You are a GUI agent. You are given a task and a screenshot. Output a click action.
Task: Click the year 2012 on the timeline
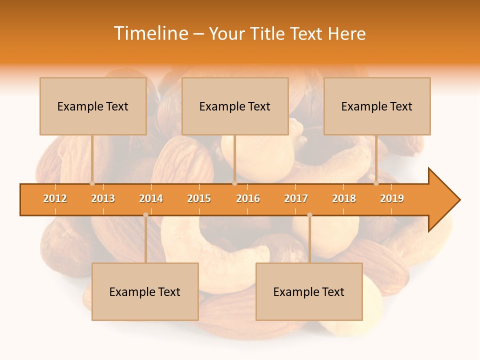(55, 198)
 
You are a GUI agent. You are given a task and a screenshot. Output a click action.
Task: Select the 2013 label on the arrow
(103, 198)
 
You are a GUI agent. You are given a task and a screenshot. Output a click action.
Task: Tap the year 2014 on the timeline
(151, 198)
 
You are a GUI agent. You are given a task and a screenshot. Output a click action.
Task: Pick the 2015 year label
(199, 198)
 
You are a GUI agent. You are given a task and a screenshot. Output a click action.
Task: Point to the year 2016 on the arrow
(248, 198)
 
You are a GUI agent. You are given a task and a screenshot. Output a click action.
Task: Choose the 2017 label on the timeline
(296, 198)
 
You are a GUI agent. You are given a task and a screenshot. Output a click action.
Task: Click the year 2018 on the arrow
(344, 198)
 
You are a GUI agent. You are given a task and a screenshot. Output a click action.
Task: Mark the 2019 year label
(392, 198)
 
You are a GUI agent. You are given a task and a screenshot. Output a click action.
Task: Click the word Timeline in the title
(150, 33)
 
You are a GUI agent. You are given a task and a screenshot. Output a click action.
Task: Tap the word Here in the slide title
(346, 33)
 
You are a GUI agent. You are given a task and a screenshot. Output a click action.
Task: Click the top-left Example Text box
(93, 106)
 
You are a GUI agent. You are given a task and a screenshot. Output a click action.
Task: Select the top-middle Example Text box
(235, 106)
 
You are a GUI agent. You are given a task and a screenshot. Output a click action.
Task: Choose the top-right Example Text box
(377, 106)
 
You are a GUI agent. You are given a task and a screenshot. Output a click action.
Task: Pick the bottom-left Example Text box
(145, 291)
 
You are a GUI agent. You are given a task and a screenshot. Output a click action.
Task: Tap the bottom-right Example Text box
(309, 291)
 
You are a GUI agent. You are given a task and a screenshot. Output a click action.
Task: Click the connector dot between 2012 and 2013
(92, 183)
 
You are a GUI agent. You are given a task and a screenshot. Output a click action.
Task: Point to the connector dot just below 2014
(145, 215)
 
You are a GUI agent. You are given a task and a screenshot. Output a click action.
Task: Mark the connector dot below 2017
(309, 215)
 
